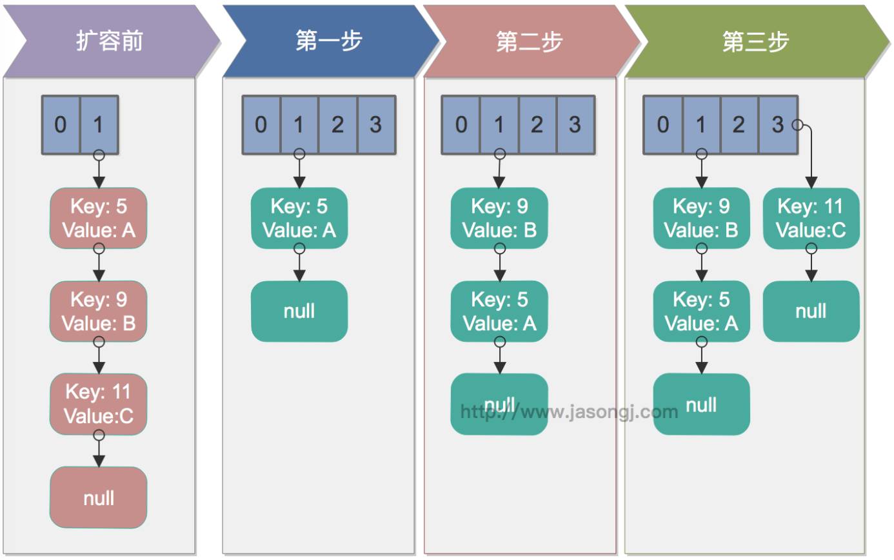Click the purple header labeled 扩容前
110,41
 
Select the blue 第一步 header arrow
329,41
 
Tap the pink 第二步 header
529,41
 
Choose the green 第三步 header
755,41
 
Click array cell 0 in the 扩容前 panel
61,125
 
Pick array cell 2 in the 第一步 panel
337,125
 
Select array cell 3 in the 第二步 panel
575,125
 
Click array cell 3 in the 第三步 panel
778,125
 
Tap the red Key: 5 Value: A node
99,218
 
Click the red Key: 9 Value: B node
99,311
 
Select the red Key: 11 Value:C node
99,404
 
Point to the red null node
99,497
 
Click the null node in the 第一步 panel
299,311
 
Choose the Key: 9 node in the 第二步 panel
499,218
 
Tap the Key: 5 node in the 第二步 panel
499,311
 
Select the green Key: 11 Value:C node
811,218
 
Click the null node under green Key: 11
811,311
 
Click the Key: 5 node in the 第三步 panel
701,311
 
